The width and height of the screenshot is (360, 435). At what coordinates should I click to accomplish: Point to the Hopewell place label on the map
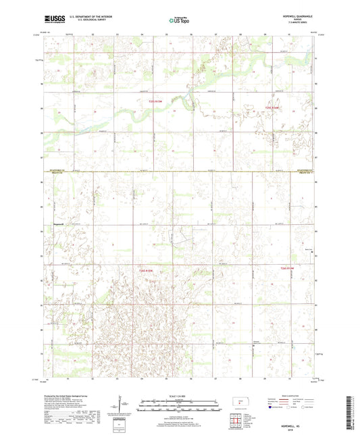58,223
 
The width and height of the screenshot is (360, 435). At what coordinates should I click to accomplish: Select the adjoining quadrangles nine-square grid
238,419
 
